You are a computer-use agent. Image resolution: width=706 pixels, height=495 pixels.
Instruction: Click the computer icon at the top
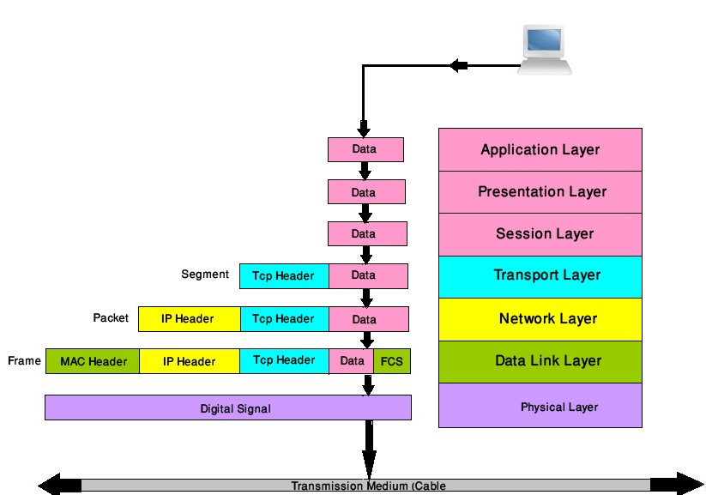pyautogui.click(x=544, y=50)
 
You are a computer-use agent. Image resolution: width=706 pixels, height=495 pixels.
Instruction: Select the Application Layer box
pyautogui.click(x=540, y=149)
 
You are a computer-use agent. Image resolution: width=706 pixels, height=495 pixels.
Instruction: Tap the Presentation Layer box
pyautogui.click(x=540, y=191)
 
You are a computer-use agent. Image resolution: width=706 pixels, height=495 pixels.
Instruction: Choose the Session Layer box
pyautogui.click(x=540, y=233)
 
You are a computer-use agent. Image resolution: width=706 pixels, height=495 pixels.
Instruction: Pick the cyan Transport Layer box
pyautogui.click(x=540, y=275)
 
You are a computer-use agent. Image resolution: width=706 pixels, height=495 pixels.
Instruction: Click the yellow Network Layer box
pyautogui.click(x=540, y=318)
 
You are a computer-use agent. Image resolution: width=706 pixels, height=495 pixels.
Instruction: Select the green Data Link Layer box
pyautogui.click(x=540, y=361)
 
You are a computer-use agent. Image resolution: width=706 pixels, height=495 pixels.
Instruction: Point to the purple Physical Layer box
pyautogui.click(x=540, y=406)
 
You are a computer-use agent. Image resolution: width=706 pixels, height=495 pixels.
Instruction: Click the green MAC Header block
pyautogui.click(x=93, y=361)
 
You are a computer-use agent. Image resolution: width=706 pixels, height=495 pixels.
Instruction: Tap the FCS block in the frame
pyautogui.click(x=392, y=361)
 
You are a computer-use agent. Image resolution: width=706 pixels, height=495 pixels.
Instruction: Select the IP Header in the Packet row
pyautogui.click(x=189, y=319)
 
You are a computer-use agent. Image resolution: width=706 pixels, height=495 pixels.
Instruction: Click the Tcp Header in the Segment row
pyautogui.click(x=283, y=276)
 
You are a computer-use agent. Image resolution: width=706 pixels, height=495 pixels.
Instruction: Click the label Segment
pyautogui.click(x=205, y=275)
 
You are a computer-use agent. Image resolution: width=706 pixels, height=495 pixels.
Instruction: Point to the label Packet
pyautogui.click(x=111, y=317)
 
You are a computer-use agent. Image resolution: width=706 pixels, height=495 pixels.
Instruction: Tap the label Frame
pyautogui.click(x=24, y=360)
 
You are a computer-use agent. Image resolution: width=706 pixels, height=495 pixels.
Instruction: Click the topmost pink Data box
pyautogui.click(x=365, y=149)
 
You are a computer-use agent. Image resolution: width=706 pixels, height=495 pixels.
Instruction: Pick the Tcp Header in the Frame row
pyautogui.click(x=283, y=360)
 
